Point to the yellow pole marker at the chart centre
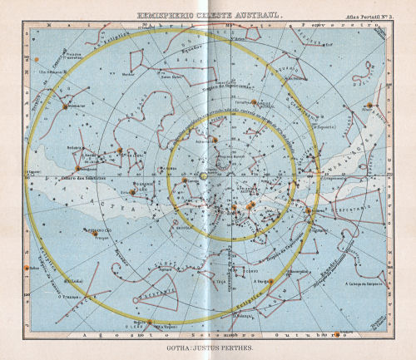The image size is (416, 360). point(203,176)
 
